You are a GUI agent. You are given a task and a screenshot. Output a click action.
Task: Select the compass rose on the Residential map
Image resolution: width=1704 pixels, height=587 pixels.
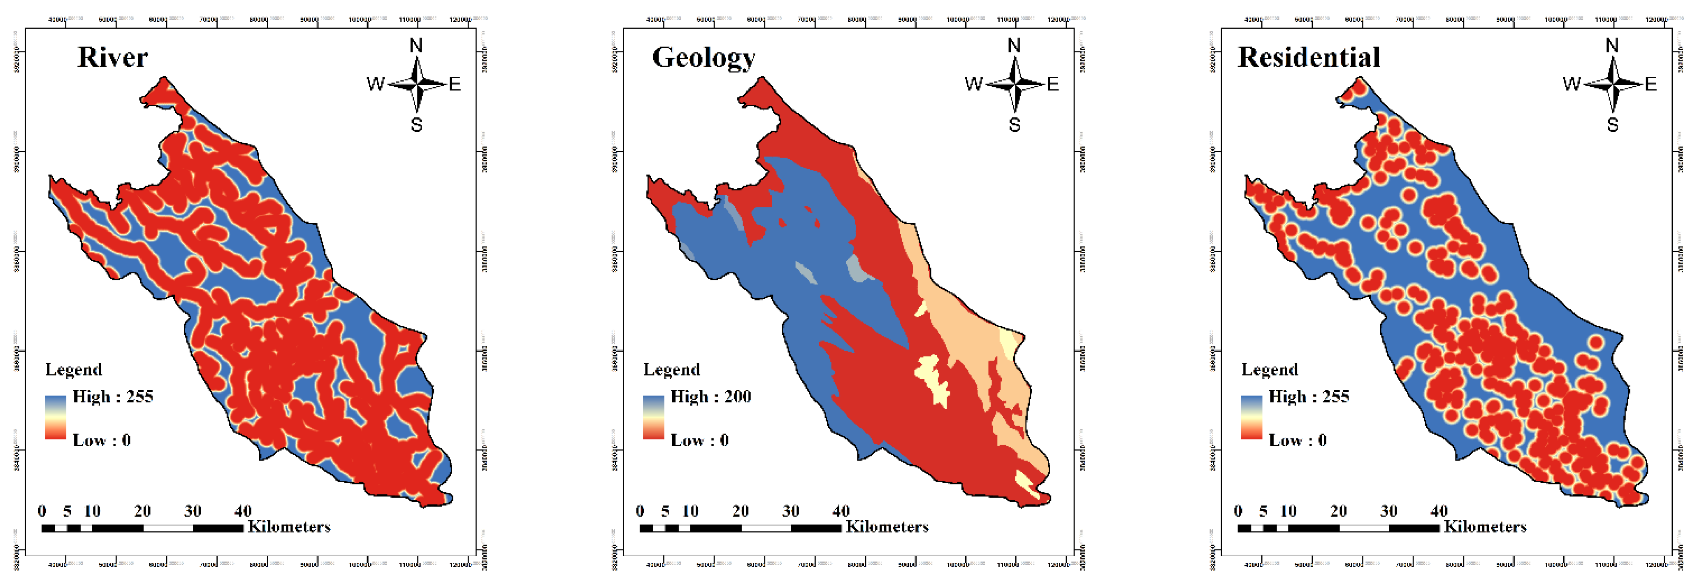coord(1613,84)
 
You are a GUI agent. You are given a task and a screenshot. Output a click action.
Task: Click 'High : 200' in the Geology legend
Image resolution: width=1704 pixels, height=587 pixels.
coord(710,396)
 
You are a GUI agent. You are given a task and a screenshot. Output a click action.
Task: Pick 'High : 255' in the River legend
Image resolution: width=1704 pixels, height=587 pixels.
coord(112,396)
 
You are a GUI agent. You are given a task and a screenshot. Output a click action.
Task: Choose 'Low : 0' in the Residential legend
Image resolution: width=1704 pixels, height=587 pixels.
coord(1297,440)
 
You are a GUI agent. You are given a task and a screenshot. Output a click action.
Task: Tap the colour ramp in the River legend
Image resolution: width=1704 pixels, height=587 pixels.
coord(56,417)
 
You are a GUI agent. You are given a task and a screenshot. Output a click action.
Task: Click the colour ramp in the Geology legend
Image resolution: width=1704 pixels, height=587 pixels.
coord(654,417)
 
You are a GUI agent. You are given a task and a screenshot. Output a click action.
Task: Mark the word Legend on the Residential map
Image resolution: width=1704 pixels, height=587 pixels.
coord(1270,369)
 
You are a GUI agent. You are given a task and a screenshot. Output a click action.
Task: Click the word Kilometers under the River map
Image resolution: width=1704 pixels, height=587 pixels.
coord(289,527)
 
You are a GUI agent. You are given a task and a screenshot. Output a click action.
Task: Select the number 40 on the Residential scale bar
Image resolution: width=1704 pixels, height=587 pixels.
coord(1439,511)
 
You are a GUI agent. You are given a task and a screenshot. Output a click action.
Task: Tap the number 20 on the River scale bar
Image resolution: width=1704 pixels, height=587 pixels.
coord(142,511)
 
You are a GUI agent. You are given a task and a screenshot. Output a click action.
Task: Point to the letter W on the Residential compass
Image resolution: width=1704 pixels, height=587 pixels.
coord(1572,84)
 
